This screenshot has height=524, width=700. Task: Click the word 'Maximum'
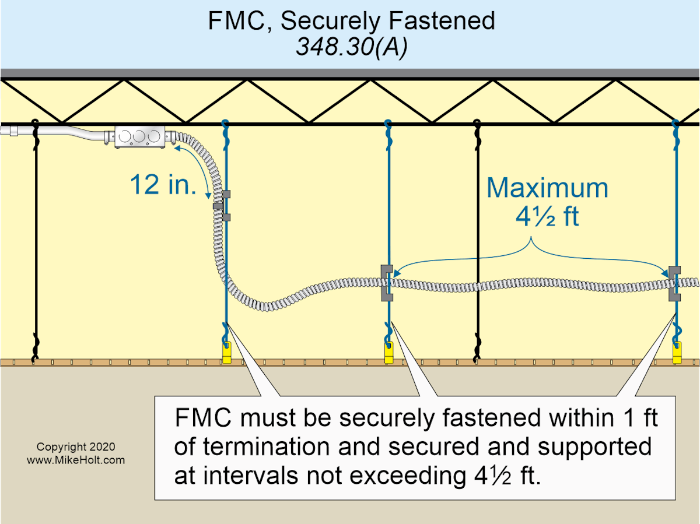tap(547, 188)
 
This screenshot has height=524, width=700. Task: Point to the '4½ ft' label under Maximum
tap(547, 216)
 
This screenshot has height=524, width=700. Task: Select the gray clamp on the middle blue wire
tap(386, 282)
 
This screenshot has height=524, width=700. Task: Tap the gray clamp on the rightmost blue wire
tap(675, 282)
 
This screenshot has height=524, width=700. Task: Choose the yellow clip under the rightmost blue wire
tap(677, 352)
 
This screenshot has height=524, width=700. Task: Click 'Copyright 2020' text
tap(76, 447)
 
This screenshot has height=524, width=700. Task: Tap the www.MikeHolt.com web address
tap(76, 460)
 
